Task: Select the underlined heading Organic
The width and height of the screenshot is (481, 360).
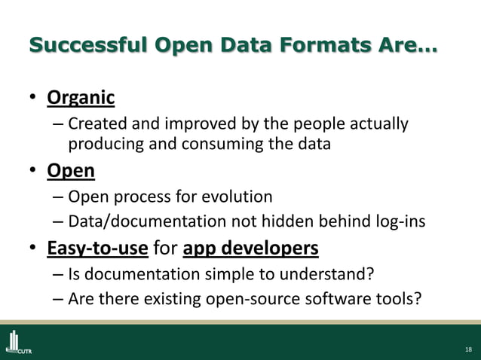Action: coord(81,98)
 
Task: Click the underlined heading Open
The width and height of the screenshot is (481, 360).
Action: coord(71,171)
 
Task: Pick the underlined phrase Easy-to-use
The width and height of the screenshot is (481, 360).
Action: coord(97,247)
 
